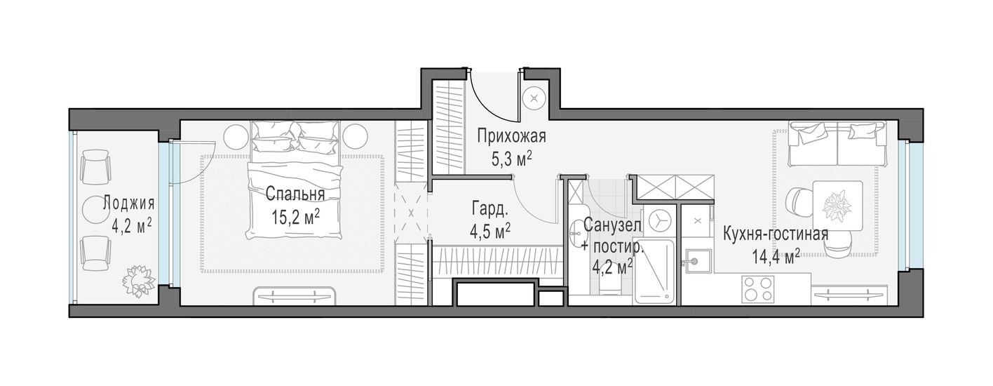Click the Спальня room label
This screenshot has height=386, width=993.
pos(295,194)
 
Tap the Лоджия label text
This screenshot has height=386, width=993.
pos(128,204)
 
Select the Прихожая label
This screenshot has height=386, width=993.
pos(511,136)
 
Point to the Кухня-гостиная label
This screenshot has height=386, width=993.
pos(776,234)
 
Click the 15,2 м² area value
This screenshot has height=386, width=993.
pos(296,217)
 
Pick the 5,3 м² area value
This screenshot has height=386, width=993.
pos(511,159)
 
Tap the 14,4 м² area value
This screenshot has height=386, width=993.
pos(776,256)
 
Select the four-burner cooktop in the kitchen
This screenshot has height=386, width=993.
pos(757,288)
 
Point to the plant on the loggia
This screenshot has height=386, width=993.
pos(139,281)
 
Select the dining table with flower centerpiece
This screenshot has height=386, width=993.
pos(837,206)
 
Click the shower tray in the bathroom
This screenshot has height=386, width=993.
pos(654,272)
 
